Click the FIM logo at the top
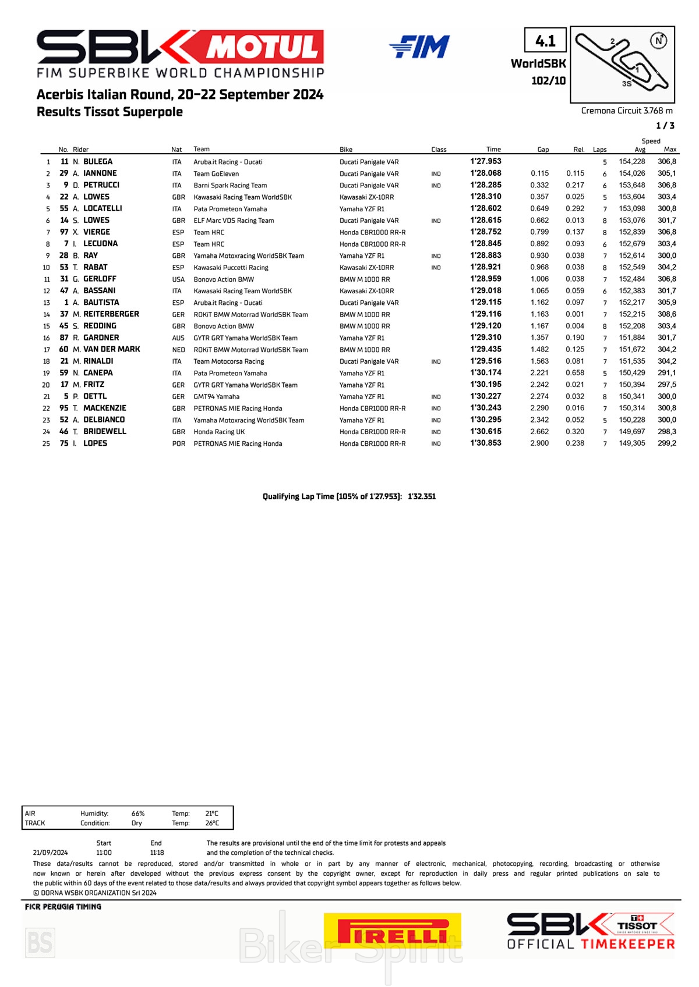pos(419,47)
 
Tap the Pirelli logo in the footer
pos(392,931)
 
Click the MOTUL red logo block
pos(264,47)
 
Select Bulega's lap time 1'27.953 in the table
pos(485,162)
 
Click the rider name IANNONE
pos(100,173)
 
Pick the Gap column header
pos(543,150)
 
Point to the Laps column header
pos(599,150)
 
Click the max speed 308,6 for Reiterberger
pos(667,314)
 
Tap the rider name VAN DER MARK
pos(111,349)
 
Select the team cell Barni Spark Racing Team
pos(230,186)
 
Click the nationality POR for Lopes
pos(178,443)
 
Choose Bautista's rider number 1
pos(66,303)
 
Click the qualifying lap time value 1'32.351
pos(422,496)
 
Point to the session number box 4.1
pos(545,41)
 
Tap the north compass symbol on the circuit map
pos(658,41)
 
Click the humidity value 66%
pos(138,814)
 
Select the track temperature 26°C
pos(211,823)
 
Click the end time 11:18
pos(157,853)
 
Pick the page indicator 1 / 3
pos(665,126)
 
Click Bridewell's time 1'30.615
pos(485,431)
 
